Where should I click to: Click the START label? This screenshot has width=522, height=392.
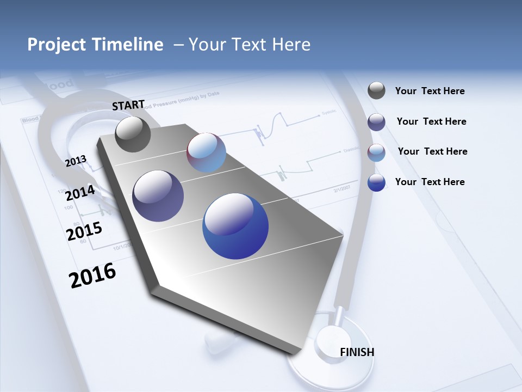click(x=128, y=105)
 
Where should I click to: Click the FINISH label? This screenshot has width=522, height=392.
click(x=357, y=352)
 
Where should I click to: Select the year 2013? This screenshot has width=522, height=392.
click(x=76, y=161)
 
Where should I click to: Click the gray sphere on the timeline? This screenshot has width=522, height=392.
click(x=133, y=134)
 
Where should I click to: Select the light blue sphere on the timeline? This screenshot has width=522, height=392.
click(x=206, y=152)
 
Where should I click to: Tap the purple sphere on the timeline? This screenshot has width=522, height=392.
click(x=158, y=196)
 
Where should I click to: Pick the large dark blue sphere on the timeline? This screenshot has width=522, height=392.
click(x=235, y=226)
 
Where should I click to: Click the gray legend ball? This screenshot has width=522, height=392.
click(x=376, y=91)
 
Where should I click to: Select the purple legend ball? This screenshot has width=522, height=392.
click(x=376, y=122)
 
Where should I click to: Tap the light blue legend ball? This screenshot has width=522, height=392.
click(x=376, y=152)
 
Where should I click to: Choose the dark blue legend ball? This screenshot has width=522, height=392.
click(x=376, y=182)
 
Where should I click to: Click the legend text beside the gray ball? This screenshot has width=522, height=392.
click(x=430, y=91)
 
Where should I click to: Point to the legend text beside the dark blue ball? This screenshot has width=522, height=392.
click(x=430, y=182)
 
